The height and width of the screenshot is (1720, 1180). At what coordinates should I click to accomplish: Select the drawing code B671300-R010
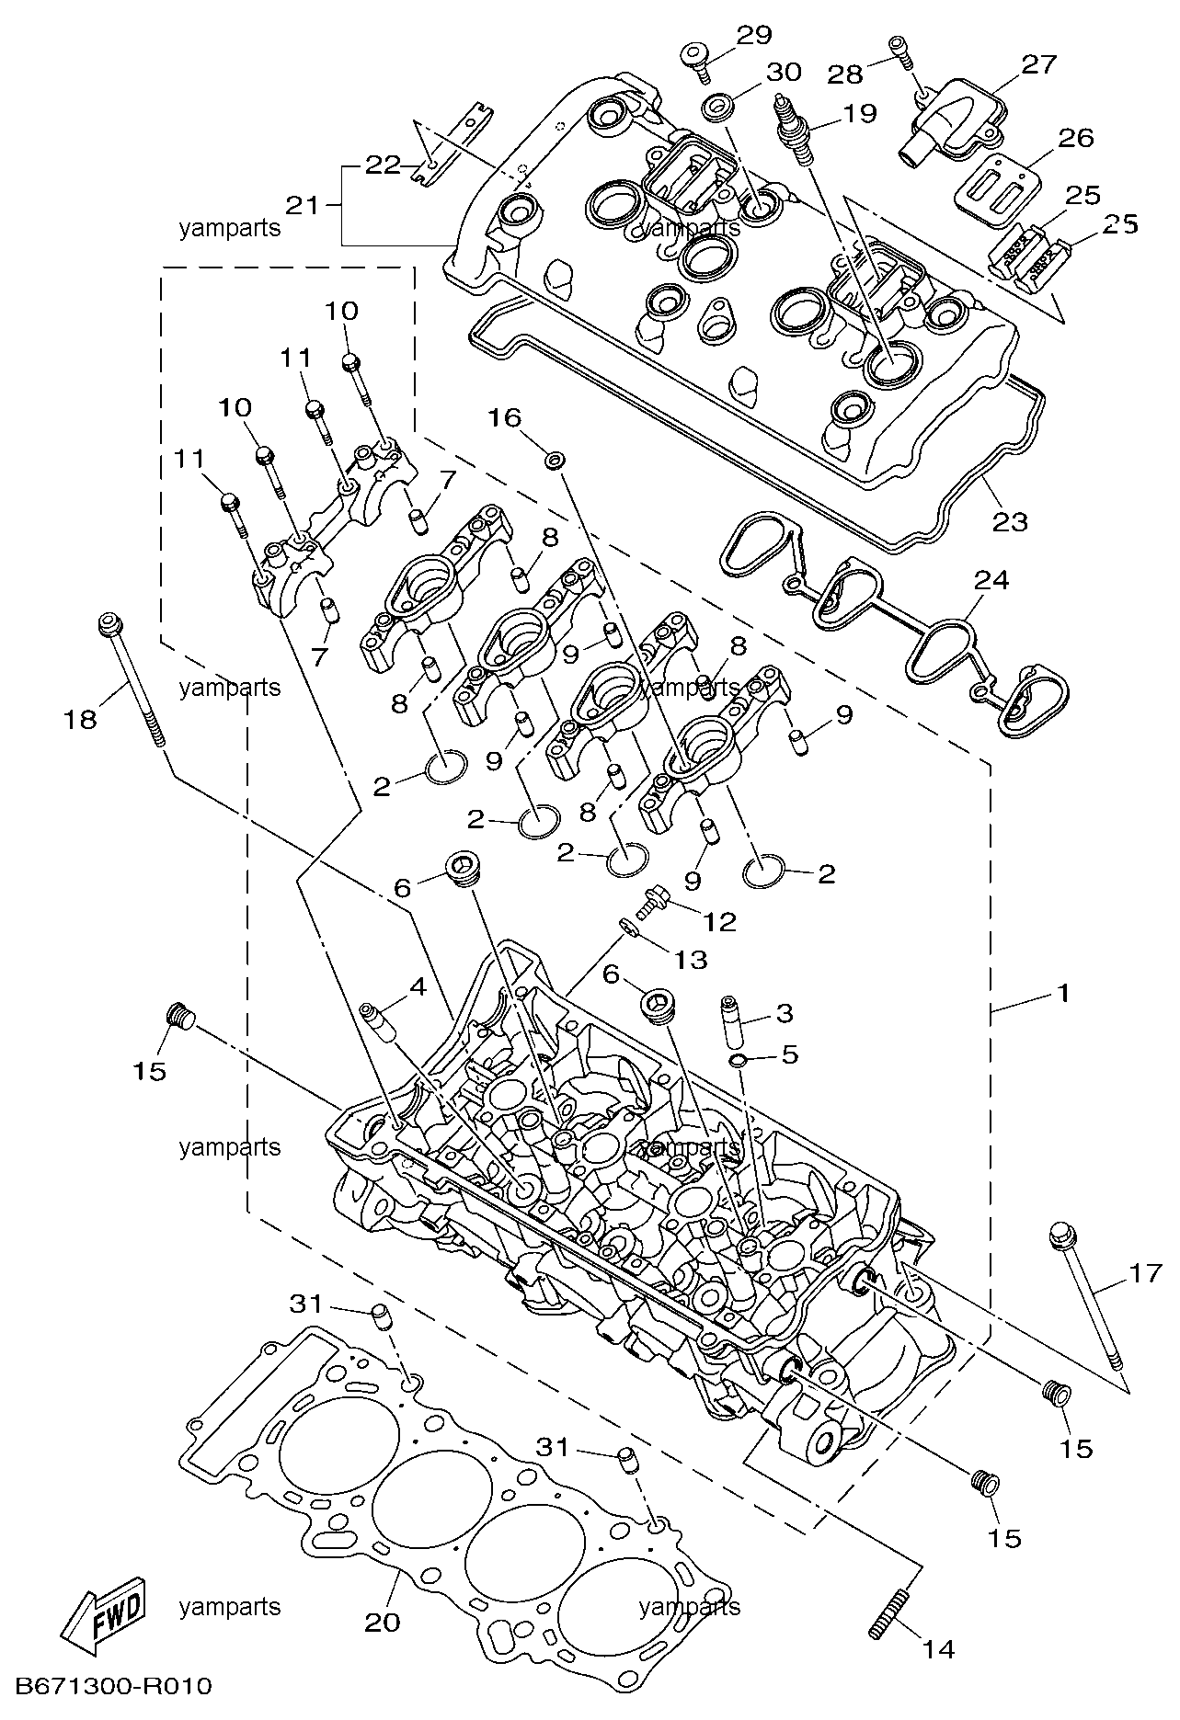click(114, 1686)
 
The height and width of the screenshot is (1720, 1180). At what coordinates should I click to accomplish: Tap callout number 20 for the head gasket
click(383, 1621)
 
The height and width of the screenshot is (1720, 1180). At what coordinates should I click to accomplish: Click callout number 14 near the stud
click(938, 1648)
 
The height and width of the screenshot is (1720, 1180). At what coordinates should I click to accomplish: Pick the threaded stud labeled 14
click(888, 1613)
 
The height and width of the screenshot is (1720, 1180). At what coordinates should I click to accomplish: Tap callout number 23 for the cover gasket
click(1009, 521)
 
